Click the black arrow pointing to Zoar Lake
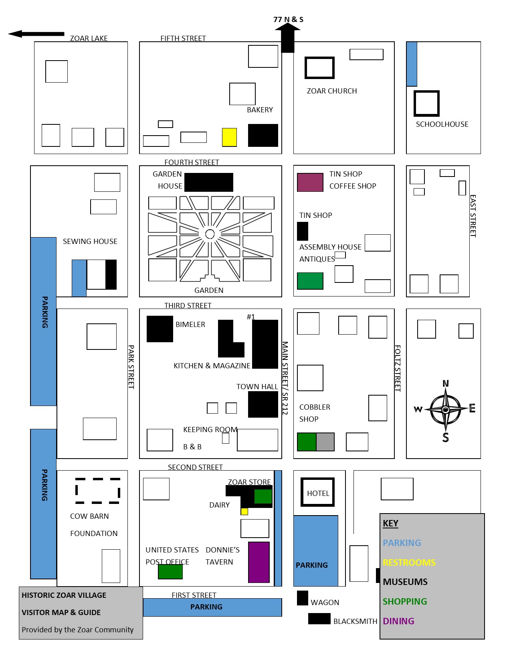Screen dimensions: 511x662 click(36, 34)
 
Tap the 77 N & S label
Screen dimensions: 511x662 click(288, 20)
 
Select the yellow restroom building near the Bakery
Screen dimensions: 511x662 click(229, 137)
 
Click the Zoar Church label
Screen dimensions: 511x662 click(332, 91)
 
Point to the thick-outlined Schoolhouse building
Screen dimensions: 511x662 click(426, 92)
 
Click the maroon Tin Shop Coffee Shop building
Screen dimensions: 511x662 click(310, 182)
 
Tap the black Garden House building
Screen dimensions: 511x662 click(209, 182)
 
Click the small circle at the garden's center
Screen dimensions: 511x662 click(210, 234)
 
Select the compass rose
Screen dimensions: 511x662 click(445, 410)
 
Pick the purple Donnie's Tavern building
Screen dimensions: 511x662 click(259, 562)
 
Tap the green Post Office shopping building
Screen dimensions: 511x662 click(170, 571)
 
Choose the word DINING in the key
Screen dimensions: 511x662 click(398, 621)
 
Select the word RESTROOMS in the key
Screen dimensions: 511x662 click(409, 562)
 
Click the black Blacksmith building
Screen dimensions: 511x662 click(319, 619)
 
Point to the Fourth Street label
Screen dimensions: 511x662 click(192, 162)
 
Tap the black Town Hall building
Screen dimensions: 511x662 click(263, 404)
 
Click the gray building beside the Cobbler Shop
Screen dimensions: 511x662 click(325, 442)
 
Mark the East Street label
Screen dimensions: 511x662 click(473, 216)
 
